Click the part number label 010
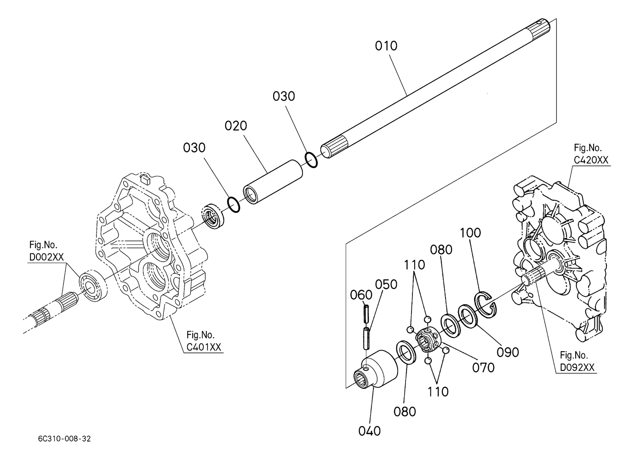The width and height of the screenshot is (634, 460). click(386, 46)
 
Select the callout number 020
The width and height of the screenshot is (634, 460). click(236, 126)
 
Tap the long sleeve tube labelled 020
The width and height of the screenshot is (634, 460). click(273, 182)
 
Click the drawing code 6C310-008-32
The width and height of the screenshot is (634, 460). click(64, 439)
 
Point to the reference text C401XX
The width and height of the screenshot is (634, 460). click(204, 347)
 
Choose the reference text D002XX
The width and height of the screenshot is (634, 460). click(47, 257)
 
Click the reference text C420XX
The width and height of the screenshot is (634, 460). click(591, 160)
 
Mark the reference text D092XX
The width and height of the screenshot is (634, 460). click(577, 368)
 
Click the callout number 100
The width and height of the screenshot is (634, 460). click(470, 233)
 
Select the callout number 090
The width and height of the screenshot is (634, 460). click(508, 352)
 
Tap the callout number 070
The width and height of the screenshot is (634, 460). click(483, 368)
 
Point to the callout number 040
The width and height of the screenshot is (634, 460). click(369, 431)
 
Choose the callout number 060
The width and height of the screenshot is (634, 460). click(361, 295)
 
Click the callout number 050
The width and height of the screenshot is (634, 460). click(386, 284)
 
